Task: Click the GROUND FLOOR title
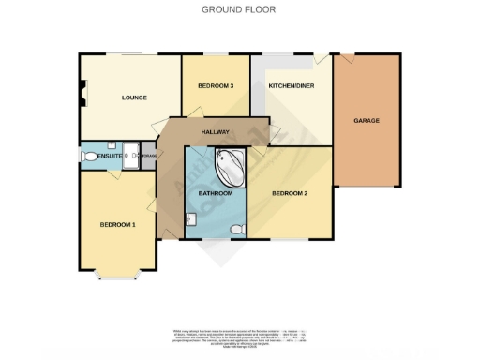[239, 9]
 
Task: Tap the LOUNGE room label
[131, 97]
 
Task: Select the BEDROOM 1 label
[118, 224]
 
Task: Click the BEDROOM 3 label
[216, 87]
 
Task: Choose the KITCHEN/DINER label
[291, 86]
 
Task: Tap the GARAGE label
[366, 122]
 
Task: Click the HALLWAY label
[215, 132]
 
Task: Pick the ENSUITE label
[108, 156]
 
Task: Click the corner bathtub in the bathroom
[228, 166]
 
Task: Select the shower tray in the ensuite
[130, 154]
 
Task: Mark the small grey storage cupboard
[149, 154]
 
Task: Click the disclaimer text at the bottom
[239, 338]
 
